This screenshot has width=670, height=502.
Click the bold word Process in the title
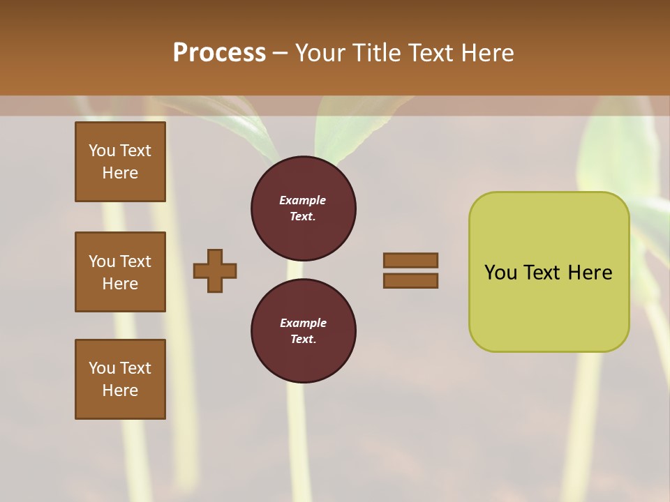[x=219, y=53]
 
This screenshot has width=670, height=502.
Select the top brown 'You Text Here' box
[x=120, y=162]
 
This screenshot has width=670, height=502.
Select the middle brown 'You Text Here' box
[x=120, y=272]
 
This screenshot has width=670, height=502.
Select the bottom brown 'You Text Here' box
[x=120, y=379]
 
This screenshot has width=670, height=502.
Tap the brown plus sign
[x=215, y=271]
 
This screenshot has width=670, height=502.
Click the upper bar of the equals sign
[x=410, y=260]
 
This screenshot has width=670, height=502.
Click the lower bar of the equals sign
[x=410, y=281]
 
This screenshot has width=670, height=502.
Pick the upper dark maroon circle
[x=304, y=208]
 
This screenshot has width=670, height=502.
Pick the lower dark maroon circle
[x=304, y=330]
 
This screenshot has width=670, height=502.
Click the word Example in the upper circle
[x=303, y=200]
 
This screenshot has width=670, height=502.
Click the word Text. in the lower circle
[x=303, y=339]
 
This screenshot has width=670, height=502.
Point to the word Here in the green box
[x=590, y=273]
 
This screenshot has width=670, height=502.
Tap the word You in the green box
[x=500, y=273]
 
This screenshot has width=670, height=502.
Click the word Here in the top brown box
[x=120, y=173]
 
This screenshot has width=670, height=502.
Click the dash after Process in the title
[x=280, y=53]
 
